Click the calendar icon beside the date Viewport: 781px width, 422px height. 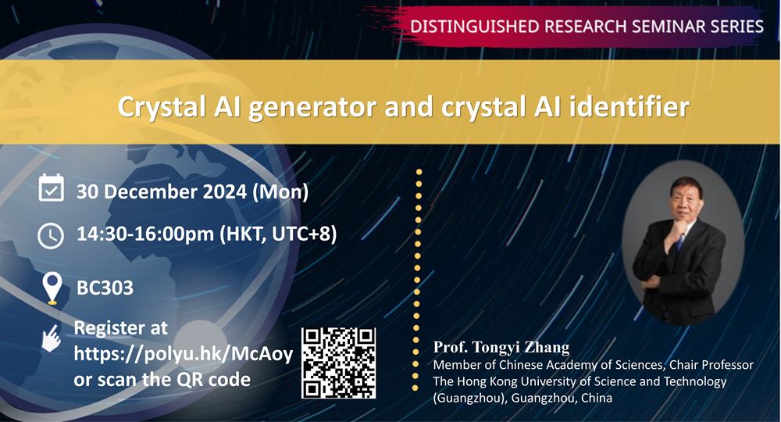point(52,188)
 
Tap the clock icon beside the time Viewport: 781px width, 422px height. point(51,236)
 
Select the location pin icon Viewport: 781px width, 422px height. point(52,288)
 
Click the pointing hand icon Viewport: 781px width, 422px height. point(52,338)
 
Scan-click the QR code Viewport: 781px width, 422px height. point(339,363)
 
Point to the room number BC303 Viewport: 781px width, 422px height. point(105,288)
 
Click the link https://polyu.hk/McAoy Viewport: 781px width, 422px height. point(184,354)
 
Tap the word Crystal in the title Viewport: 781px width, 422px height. point(162,108)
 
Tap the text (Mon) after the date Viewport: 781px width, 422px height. point(281,192)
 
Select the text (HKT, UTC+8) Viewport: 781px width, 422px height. point(279,234)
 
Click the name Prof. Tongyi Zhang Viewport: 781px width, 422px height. point(501,347)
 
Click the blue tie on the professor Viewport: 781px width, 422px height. point(679,241)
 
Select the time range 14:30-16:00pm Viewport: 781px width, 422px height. point(145,234)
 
